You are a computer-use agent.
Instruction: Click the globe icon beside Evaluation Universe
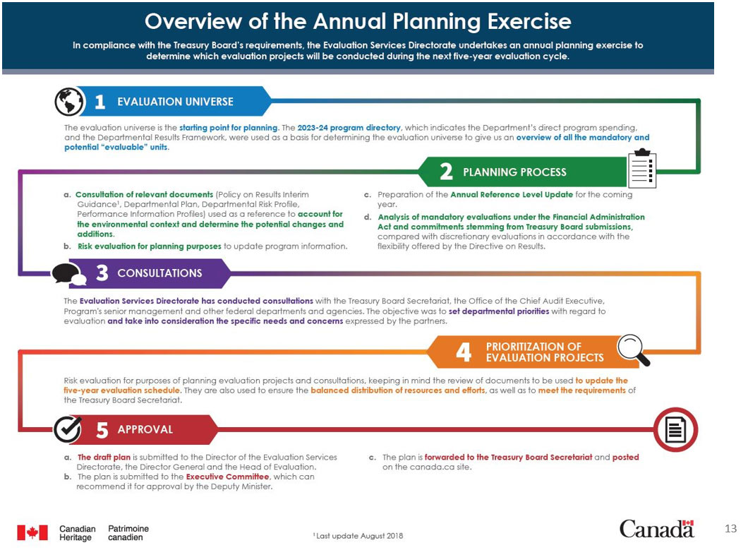coord(68,101)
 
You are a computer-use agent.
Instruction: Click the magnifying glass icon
coord(633,349)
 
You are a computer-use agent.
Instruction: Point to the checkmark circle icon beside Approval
coord(68,429)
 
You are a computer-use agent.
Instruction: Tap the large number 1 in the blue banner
coord(99,102)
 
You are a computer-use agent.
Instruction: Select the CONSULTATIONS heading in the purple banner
coord(159,273)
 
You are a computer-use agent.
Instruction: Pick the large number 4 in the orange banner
coord(463,352)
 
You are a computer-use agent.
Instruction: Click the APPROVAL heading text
coord(145,429)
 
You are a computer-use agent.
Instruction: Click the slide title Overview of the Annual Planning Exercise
coord(358,21)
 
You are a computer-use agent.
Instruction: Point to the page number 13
coord(730,529)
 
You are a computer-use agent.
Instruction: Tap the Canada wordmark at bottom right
coord(656,528)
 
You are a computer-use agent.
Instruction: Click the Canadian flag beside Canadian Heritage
coord(32,532)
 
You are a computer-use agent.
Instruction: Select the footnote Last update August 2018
coord(358,536)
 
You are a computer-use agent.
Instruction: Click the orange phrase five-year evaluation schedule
coord(122,390)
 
